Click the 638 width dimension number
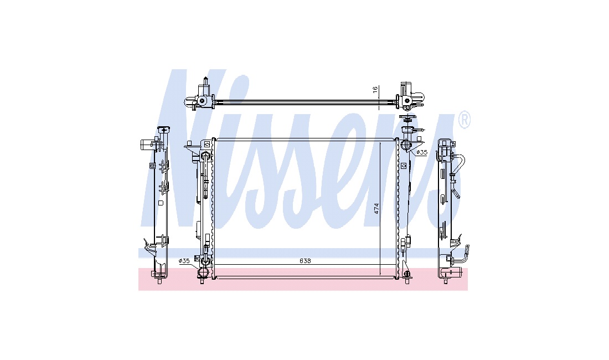pyautogui.click(x=305, y=261)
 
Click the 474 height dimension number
pyautogui.click(x=376, y=209)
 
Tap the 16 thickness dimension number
pyautogui.click(x=375, y=89)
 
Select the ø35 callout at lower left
pyautogui.click(x=184, y=261)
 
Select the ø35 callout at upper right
pyautogui.click(x=422, y=153)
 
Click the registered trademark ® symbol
pyautogui.click(x=465, y=120)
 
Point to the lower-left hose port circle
pyautogui.click(x=202, y=272)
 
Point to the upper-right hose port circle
pyautogui.click(x=405, y=145)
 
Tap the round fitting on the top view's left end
pyautogui.click(x=202, y=101)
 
